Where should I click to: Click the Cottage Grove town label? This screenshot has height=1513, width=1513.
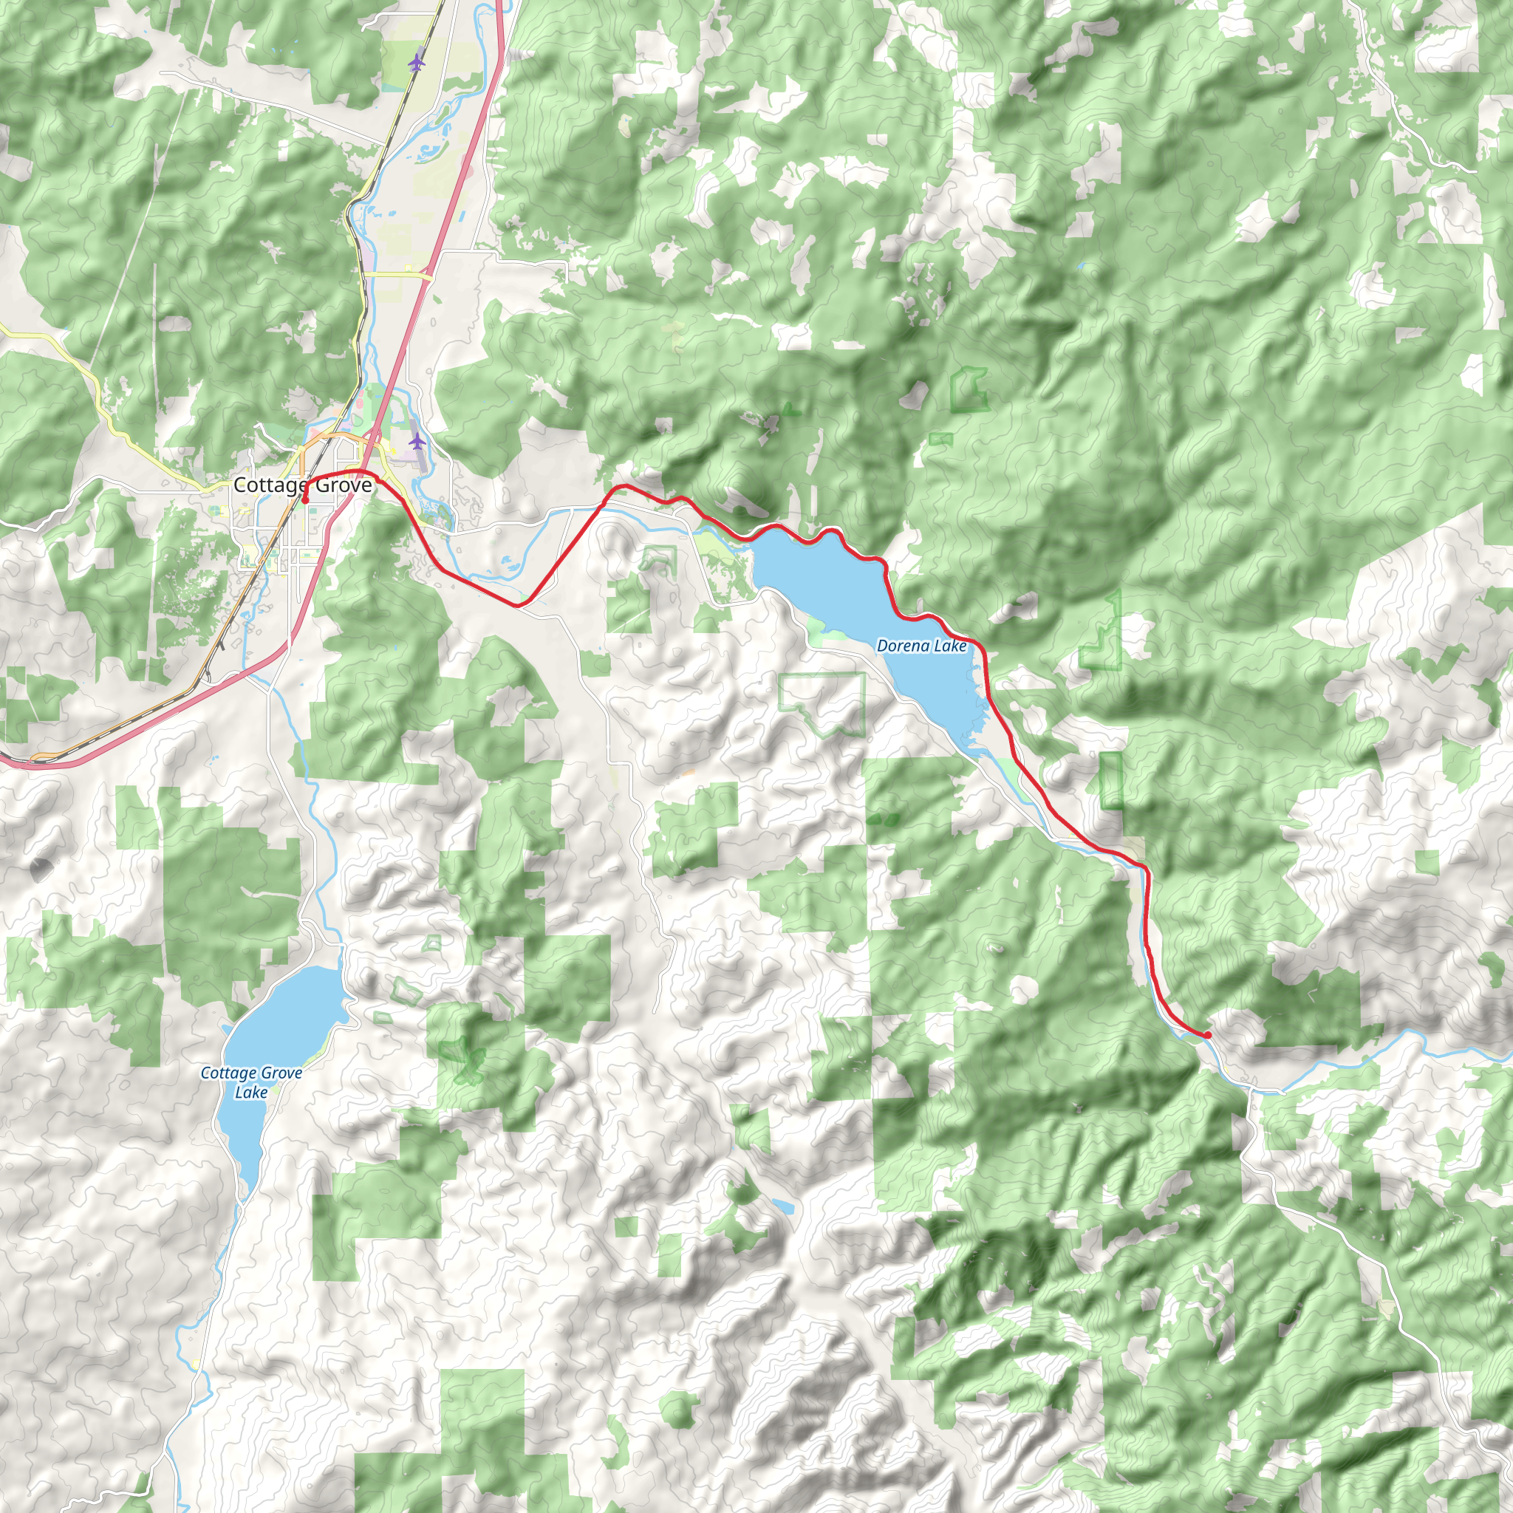click(x=302, y=485)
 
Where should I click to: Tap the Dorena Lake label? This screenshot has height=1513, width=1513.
click(x=921, y=646)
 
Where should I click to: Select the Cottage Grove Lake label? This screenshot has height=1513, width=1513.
click(x=250, y=1082)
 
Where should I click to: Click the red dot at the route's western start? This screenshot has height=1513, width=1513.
click(x=305, y=499)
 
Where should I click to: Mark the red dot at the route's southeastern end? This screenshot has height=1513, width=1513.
click(x=1208, y=1034)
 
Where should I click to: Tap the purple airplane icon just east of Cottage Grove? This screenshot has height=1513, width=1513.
click(x=417, y=441)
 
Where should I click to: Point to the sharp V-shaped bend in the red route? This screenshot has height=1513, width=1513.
click(x=519, y=604)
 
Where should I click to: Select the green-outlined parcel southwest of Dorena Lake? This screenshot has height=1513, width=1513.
click(x=822, y=703)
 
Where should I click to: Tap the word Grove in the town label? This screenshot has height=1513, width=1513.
click(x=342, y=485)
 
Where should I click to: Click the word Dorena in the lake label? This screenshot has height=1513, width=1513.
click(x=902, y=646)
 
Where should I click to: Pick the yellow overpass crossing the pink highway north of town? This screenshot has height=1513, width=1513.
click(x=400, y=275)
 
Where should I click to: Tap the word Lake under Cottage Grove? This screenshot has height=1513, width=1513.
click(x=250, y=1093)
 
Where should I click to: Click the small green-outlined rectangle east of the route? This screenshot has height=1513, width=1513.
click(x=1110, y=780)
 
